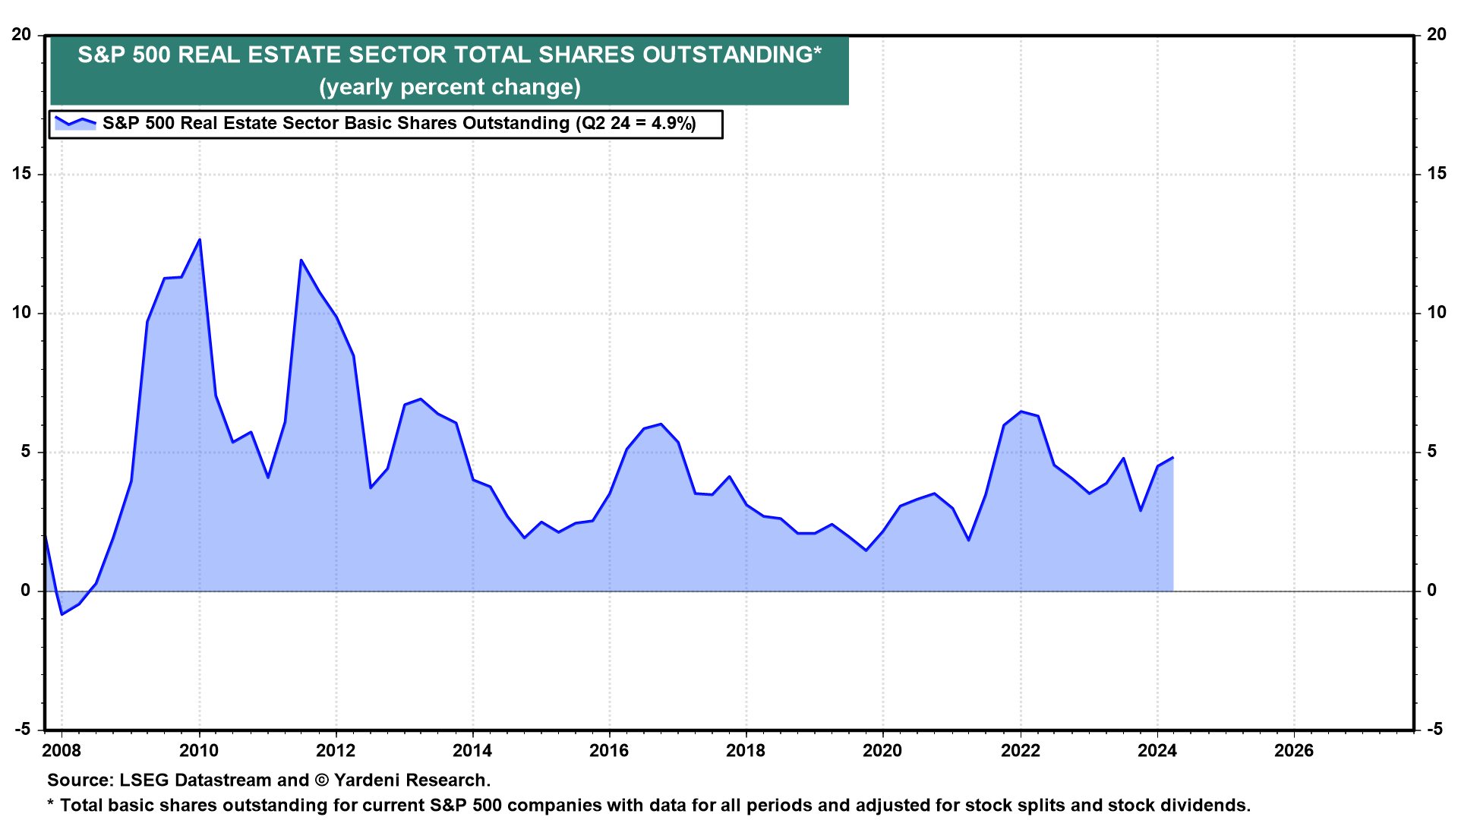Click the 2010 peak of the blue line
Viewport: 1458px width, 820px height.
pos(200,240)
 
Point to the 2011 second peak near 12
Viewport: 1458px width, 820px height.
pos(301,260)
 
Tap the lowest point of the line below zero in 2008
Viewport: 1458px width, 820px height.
pos(62,613)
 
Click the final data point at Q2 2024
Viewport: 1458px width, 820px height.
pos(1173,458)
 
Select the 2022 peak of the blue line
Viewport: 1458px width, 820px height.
pos(1021,412)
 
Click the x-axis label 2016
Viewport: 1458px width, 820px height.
pos(609,751)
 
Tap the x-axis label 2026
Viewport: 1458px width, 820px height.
pos(1293,751)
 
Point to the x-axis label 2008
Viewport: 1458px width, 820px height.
pos(62,751)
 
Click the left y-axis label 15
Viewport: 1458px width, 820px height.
pos(22,174)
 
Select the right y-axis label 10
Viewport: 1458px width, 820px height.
pos(1436,313)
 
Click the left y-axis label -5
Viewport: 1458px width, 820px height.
pos(22,730)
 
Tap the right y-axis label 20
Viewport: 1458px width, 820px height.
pos(1436,35)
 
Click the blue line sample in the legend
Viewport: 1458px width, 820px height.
pos(75,123)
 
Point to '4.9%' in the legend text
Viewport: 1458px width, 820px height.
pos(673,124)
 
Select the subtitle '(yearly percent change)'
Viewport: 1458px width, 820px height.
pos(450,87)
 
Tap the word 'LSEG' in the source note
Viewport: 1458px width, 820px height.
pos(144,781)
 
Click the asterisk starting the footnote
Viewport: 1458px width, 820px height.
pos(51,803)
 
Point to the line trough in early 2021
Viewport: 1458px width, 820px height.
pos(969,540)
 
